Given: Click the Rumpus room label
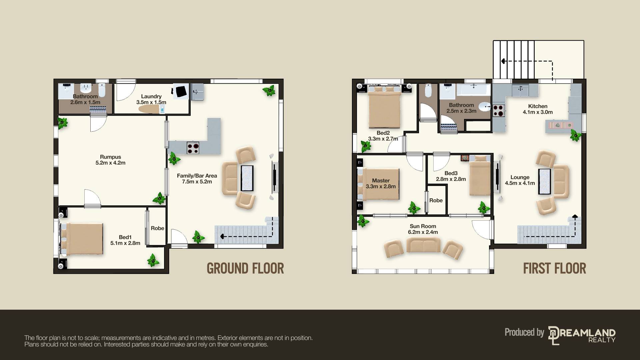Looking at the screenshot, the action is click(110, 160).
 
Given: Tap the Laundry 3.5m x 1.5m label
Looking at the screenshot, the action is click(151, 99).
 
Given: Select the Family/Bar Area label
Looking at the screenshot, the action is click(197, 178).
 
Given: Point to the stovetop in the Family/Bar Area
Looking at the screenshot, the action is click(193, 147).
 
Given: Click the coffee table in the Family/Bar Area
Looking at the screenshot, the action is click(247, 178).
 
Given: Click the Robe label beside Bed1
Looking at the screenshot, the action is click(157, 228).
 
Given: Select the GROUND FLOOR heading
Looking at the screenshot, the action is click(245, 268).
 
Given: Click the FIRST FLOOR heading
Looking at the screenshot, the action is click(554, 268).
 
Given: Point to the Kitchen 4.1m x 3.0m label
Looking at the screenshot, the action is click(538, 109).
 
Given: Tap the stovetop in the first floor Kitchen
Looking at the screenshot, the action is click(499, 111).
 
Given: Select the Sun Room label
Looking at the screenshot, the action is click(423, 229).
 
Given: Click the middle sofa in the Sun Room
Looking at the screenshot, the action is click(423, 245).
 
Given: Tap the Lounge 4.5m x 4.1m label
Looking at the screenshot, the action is click(520, 180).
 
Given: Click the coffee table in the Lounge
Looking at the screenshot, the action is click(545, 182).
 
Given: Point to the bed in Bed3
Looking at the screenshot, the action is click(480, 175).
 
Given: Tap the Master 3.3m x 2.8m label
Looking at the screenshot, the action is click(381, 183).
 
